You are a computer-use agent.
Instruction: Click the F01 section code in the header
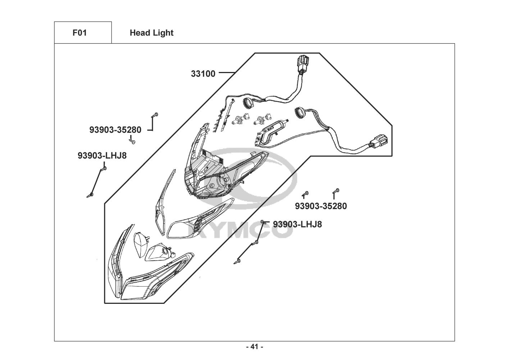click(79, 33)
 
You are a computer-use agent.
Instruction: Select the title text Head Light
click(151, 33)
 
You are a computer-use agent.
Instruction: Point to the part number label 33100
click(203, 74)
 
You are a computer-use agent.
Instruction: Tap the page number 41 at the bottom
click(254, 347)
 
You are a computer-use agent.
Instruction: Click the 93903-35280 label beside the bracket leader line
click(115, 130)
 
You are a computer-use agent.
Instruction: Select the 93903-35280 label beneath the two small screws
click(321, 206)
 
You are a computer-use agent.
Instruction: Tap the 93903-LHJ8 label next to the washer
click(297, 224)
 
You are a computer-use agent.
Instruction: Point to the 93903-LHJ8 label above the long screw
click(102, 156)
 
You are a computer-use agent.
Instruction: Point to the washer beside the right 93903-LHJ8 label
click(263, 221)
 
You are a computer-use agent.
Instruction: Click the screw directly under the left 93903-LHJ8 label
click(104, 168)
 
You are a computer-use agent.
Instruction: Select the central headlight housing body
click(216, 173)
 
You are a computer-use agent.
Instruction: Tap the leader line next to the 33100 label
click(227, 73)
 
